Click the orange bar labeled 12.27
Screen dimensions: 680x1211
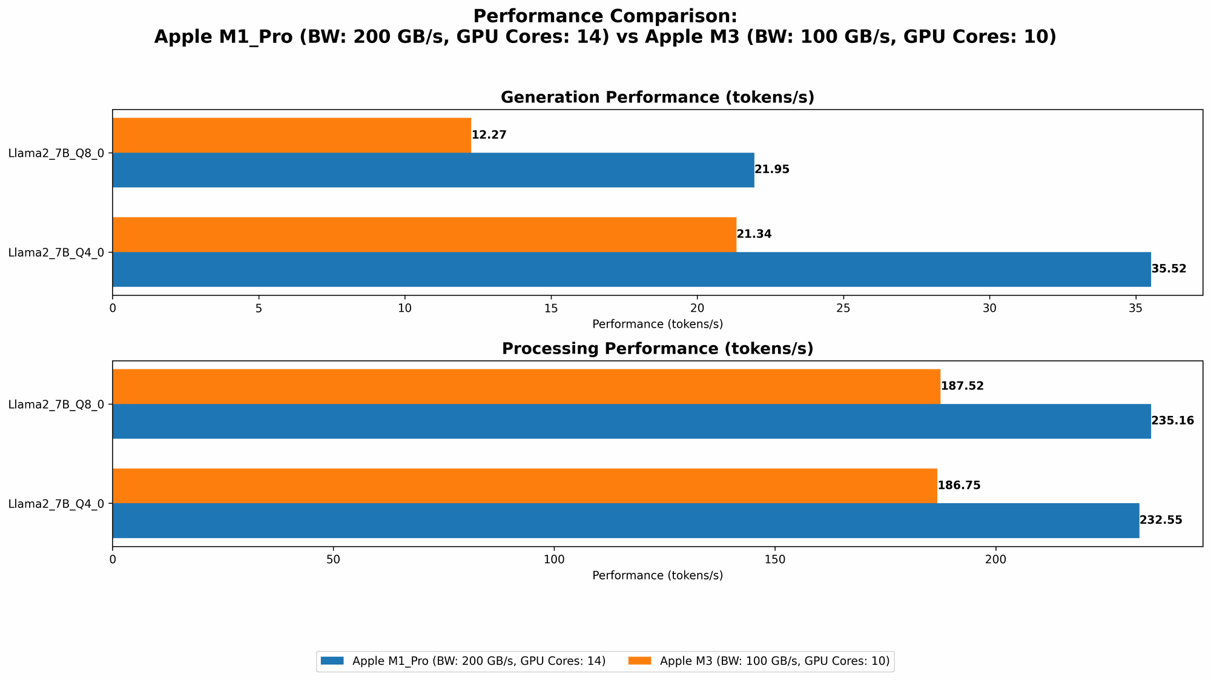click(x=291, y=135)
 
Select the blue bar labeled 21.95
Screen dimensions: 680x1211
click(x=433, y=170)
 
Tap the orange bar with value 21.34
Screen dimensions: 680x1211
click(x=424, y=234)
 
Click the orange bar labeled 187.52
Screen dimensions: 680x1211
click(x=526, y=386)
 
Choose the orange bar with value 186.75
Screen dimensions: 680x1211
click(x=524, y=486)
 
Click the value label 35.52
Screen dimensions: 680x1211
click(x=1169, y=269)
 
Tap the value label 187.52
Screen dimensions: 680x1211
click(x=962, y=386)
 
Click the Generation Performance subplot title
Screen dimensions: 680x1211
click(x=657, y=97)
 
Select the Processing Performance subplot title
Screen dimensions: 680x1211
click(x=657, y=349)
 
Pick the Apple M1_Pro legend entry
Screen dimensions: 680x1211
click(x=478, y=661)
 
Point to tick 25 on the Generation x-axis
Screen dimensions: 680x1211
click(x=843, y=308)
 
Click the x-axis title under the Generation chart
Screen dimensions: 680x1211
click(x=657, y=324)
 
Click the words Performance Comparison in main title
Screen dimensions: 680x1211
click(x=605, y=16)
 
